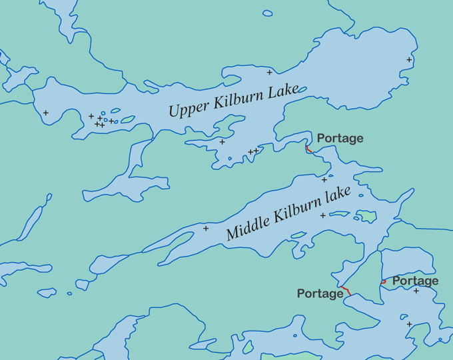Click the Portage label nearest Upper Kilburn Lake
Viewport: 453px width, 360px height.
click(x=340, y=138)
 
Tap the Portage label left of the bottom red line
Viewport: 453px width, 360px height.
click(x=320, y=293)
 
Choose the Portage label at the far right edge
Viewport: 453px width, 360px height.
click(x=415, y=281)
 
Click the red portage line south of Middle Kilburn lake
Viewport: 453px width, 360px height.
click(x=346, y=291)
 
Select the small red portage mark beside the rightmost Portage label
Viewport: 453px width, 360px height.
click(x=383, y=281)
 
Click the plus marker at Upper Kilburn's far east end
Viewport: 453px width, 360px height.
click(x=409, y=60)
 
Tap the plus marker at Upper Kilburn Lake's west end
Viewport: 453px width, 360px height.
click(x=46, y=113)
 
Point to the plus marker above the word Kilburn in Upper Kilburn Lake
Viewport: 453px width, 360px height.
click(x=270, y=72)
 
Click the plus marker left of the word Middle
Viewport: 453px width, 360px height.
click(x=206, y=228)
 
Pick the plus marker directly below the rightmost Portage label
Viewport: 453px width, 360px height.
click(x=416, y=291)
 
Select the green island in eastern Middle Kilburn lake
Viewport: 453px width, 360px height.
click(x=366, y=216)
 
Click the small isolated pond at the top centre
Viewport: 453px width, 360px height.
click(x=267, y=13)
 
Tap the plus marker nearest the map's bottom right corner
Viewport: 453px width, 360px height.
click(x=409, y=325)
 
